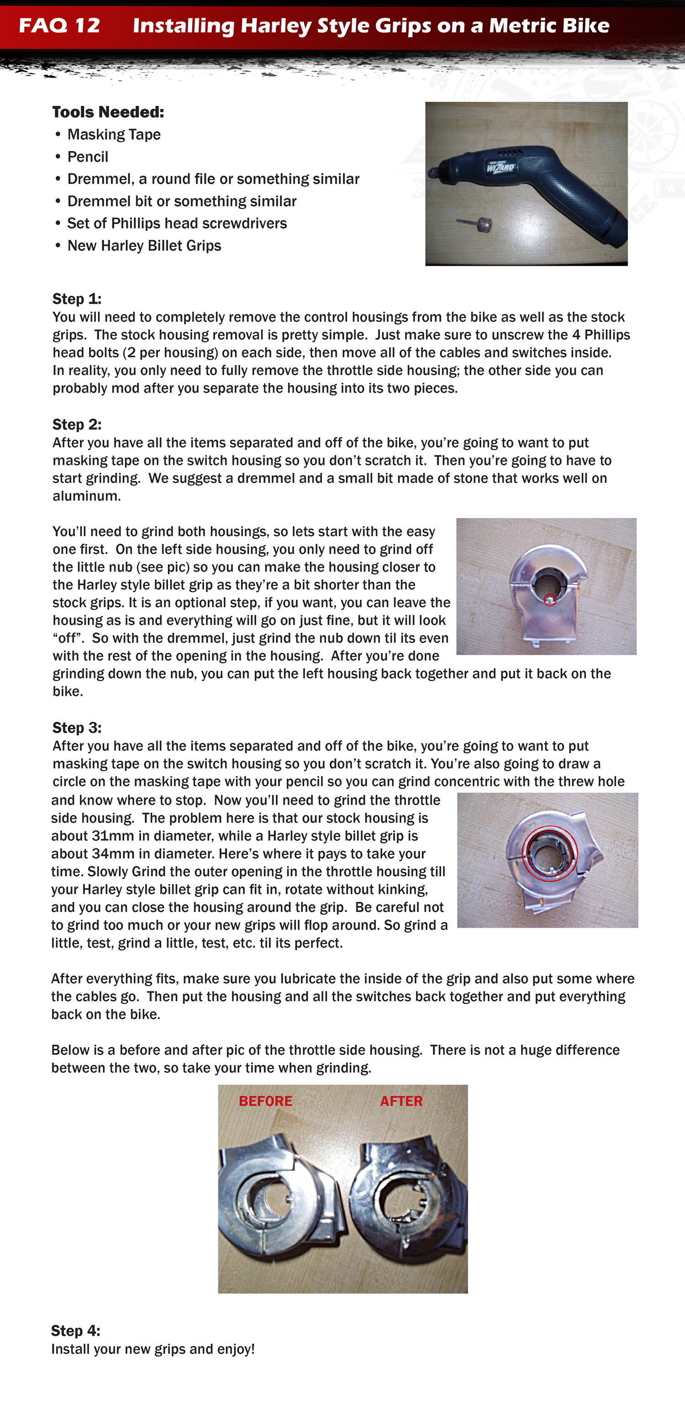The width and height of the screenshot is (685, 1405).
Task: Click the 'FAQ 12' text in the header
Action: click(x=59, y=26)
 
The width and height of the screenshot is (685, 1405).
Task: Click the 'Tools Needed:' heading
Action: click(x=108, y=112)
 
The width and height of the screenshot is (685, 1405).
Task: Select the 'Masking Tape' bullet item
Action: click(x=114, y=135)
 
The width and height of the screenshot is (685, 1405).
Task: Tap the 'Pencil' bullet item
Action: click(x=87, y=157)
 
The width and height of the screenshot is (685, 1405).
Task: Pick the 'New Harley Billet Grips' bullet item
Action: click(x=144, y=246)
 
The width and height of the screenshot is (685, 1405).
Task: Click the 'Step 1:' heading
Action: click(x=76, y=299)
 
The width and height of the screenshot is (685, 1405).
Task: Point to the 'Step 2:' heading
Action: click(x=76, y=424)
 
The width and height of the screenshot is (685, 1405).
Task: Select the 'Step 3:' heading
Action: click(x=76, y=728)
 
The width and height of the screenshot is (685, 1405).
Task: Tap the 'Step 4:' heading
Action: click(x=75, y=1331)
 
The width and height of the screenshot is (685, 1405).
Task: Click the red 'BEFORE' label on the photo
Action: click(x=265, y=1101)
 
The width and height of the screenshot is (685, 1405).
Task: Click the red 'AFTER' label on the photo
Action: click(x=401, y=1101)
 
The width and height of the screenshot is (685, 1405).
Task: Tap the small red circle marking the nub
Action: click(x=550, y=600)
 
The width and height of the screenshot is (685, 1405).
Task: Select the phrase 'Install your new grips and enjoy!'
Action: click(x=153, y=1349)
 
